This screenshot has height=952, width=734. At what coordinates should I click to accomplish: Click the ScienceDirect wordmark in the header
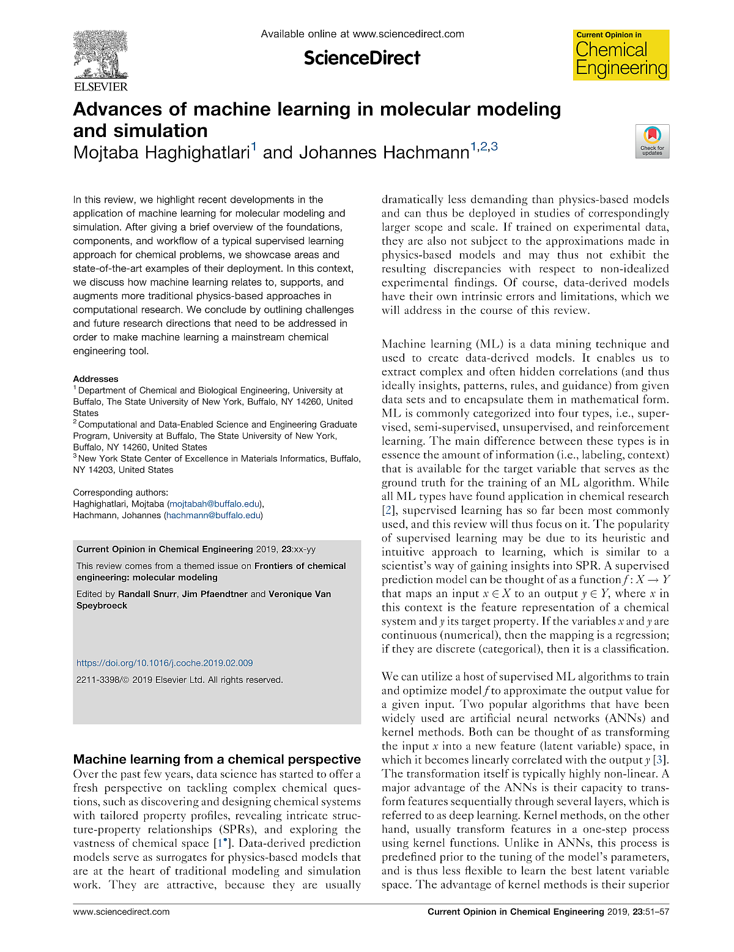pos(362,58)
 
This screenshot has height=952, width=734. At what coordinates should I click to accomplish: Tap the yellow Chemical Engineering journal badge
pos(621,55)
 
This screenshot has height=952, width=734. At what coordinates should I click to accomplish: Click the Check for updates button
pos(652,141)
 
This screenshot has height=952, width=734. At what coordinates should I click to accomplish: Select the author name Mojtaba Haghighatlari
pos(162,152)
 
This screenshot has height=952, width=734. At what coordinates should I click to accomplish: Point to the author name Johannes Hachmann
pos(366,152)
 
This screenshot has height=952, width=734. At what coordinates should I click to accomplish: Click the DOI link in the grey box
pos(165,663)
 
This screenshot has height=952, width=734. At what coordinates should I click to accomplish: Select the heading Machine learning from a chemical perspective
pos(217,759)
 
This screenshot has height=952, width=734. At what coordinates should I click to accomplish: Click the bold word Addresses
pos(95,379)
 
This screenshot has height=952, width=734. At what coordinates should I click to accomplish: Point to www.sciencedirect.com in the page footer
pos(121,912)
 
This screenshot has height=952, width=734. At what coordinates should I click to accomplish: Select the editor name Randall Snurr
pos(147,594)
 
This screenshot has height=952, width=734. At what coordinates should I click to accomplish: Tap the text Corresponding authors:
pos(120,492)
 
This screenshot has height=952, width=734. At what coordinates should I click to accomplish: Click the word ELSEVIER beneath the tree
pos(101,87)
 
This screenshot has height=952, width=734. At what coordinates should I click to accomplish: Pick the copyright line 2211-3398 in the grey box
pos(180,680)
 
